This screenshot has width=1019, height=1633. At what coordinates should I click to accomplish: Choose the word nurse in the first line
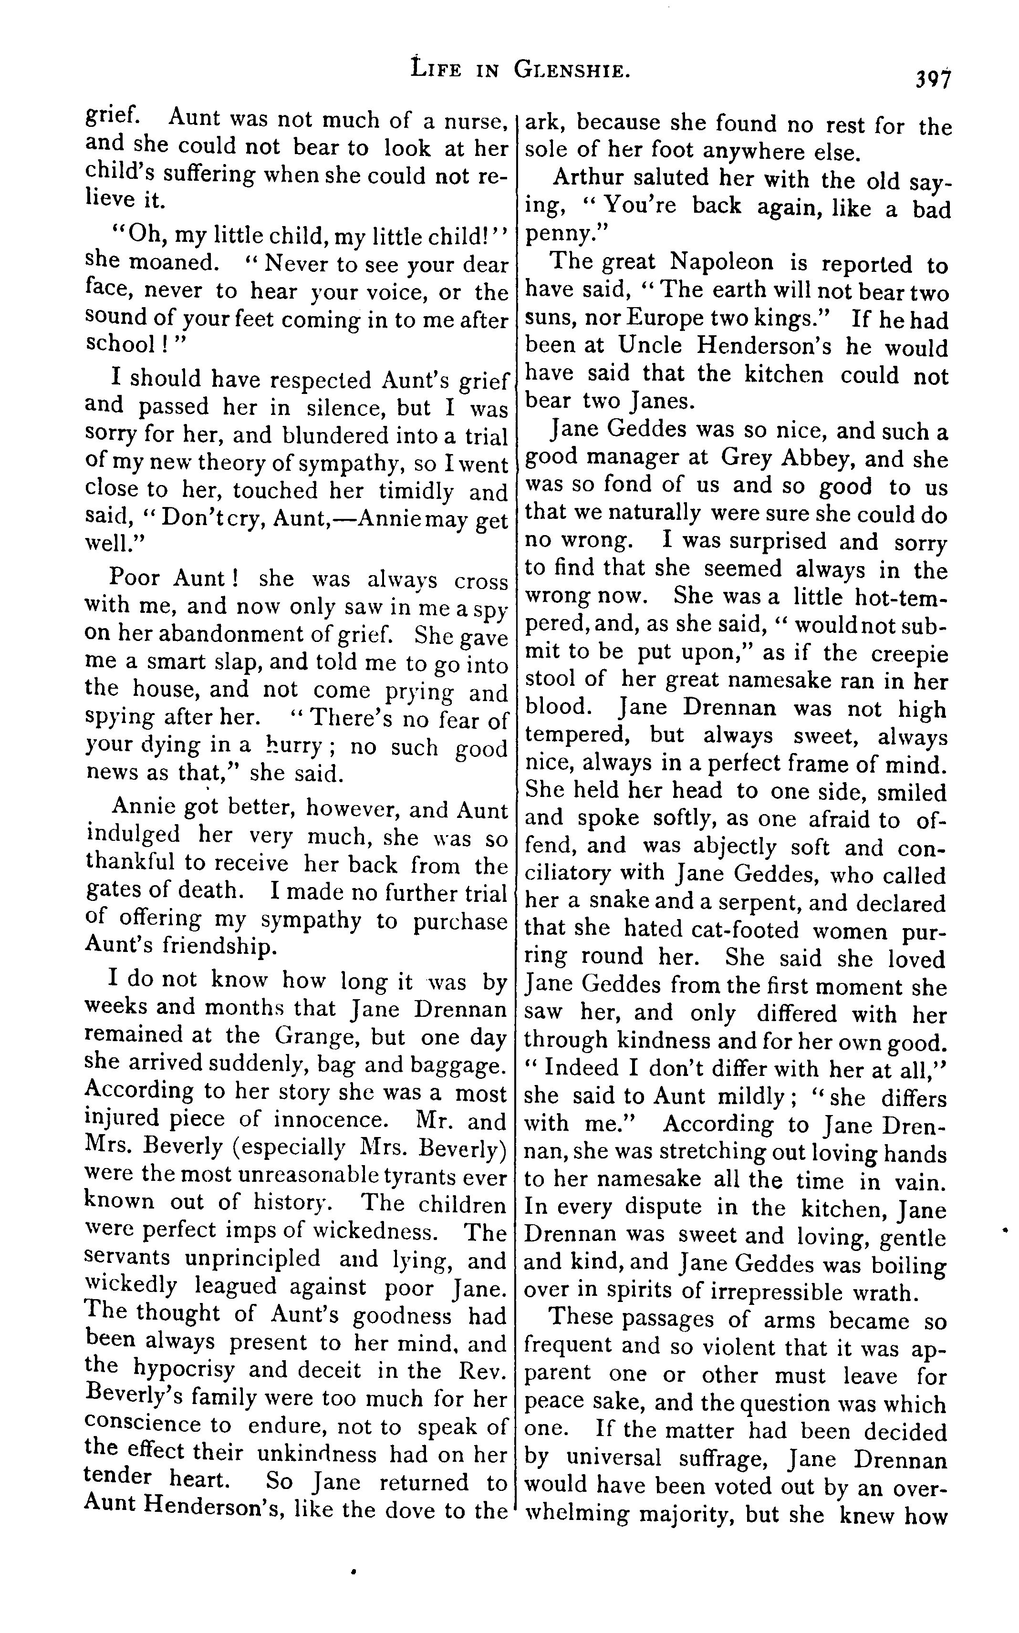click(x=475, y=121)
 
